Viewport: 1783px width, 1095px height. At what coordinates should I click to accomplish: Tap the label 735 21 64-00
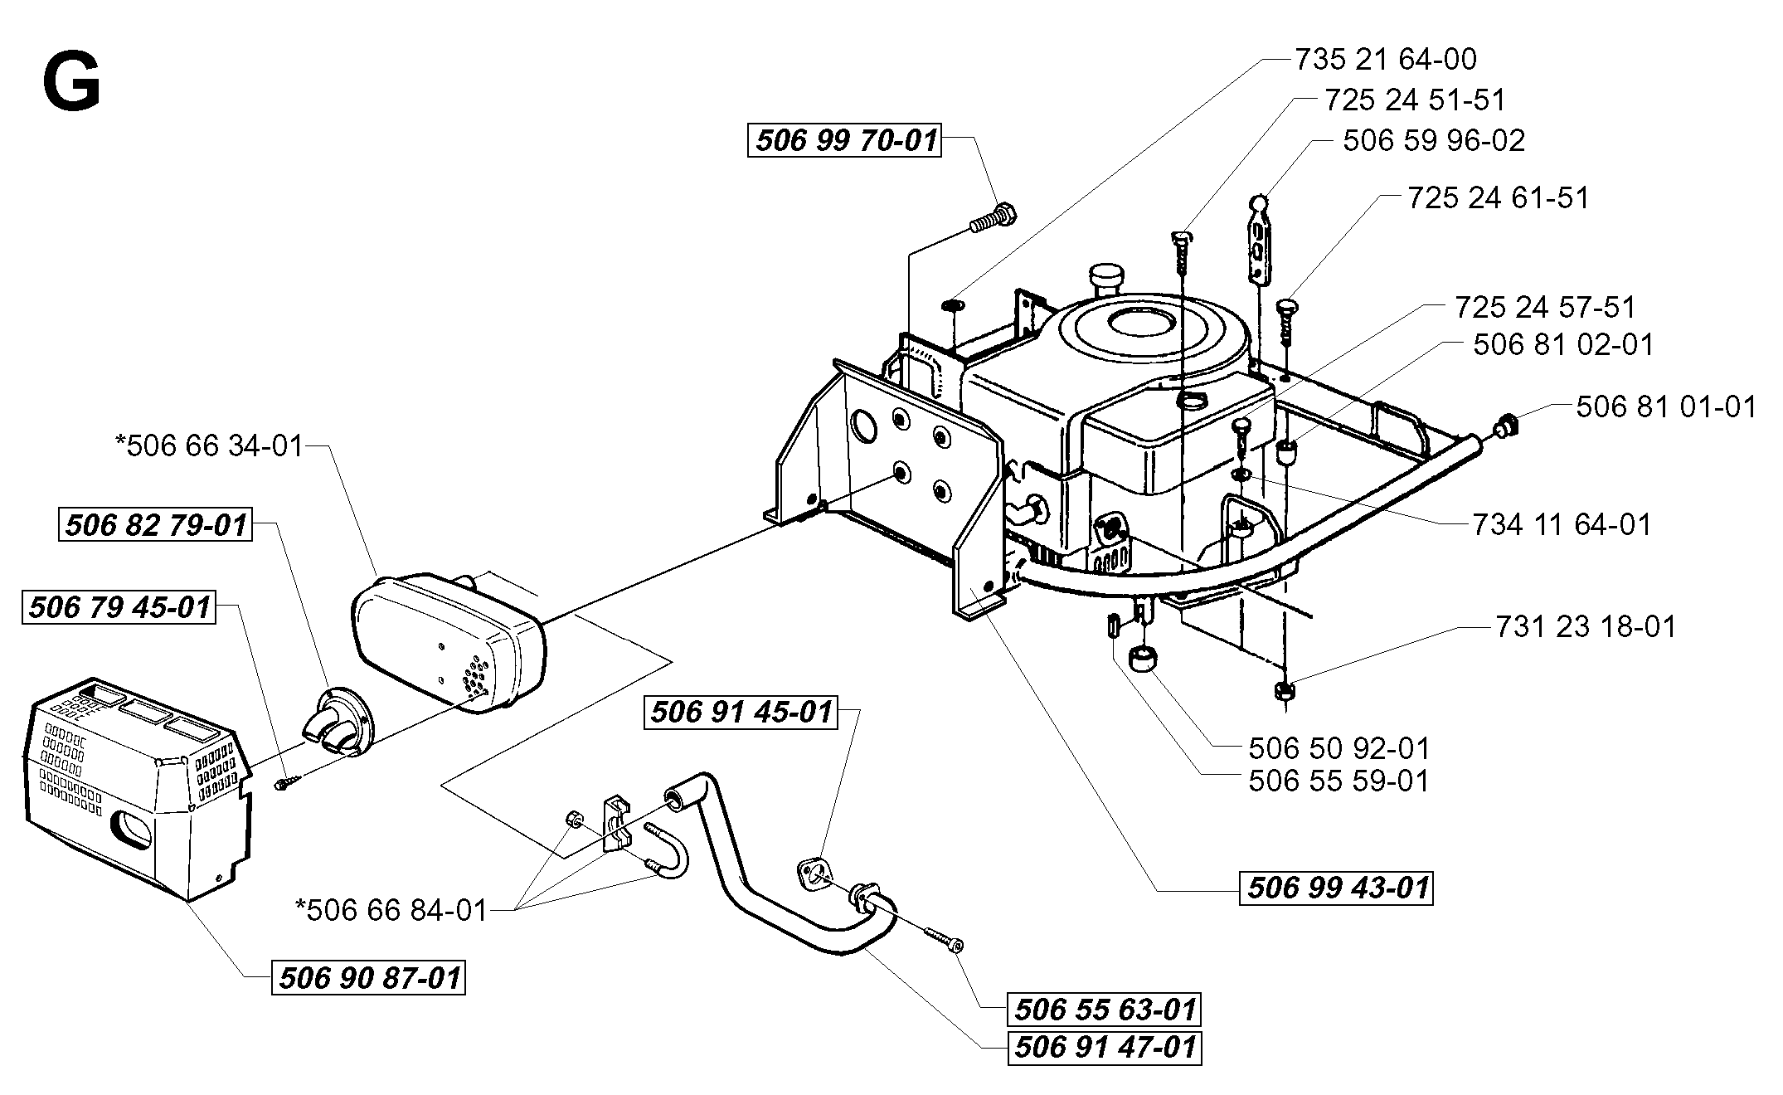pos(1386,59)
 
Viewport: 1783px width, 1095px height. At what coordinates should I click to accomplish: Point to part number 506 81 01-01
pos(1666,406)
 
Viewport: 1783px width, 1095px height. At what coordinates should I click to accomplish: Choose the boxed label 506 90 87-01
pos(368,977)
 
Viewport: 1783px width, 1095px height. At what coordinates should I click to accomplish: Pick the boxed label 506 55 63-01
pos(1105,1010)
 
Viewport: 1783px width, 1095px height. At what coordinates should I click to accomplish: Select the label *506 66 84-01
pos(391,910)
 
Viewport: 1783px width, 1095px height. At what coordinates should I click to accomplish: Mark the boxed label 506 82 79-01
pos(155,525)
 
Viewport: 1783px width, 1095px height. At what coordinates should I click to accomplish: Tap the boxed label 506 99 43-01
pos(1336,888)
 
